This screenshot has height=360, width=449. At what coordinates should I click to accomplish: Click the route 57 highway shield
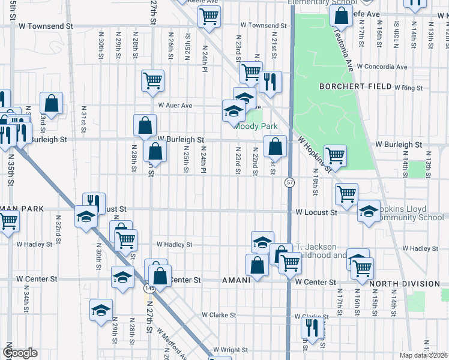pos(290,182)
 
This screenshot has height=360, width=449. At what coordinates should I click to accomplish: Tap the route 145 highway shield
pos(148,289)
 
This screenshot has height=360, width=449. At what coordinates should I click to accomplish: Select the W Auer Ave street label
pos(175,106)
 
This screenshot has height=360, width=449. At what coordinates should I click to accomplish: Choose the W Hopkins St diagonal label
pos(315,153)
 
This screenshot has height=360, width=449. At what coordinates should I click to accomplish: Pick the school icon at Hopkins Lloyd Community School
pos(369,211)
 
